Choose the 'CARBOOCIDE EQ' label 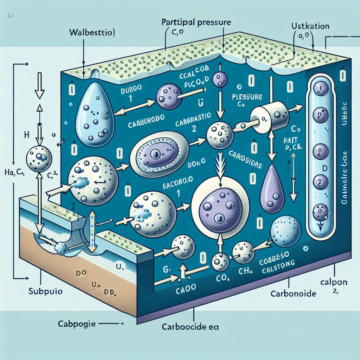(x=190, y=327)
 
